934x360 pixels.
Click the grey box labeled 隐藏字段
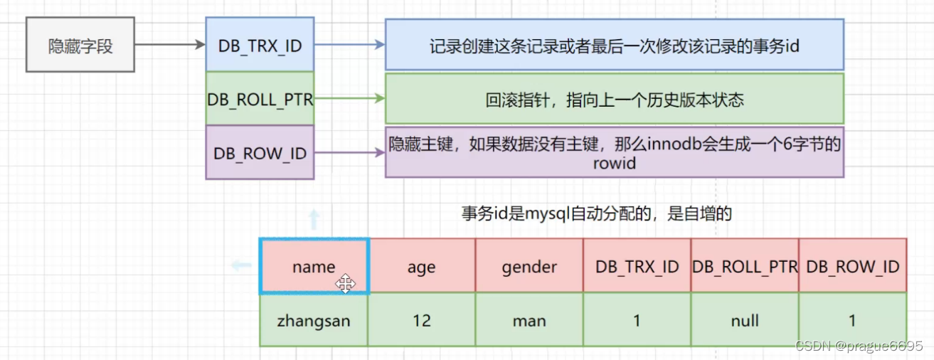tap(80, 47)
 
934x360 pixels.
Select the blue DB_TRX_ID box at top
tap(260, 46)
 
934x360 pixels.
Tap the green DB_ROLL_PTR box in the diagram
tap(260, 99)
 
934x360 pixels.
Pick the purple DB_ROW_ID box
tap(260, 152)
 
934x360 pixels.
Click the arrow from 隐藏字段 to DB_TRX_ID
tap(169, 46)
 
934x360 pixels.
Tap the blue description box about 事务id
tap(614, 46)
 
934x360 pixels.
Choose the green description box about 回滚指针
tap(614, 99)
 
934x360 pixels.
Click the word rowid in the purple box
tap(613, 164)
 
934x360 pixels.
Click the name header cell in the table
tap(314, 266)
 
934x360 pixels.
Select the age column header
tap(422, 266)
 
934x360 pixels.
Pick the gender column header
tap(529, 266)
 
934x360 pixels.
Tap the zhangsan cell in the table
tap(314, 320)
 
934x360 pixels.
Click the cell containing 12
tap(422, 320)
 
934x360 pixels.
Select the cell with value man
tap(529, 320)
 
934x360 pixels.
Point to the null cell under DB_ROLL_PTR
tap(745, 320)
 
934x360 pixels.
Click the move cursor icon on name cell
tap(346, 285)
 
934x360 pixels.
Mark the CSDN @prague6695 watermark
tap(859, 346)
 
